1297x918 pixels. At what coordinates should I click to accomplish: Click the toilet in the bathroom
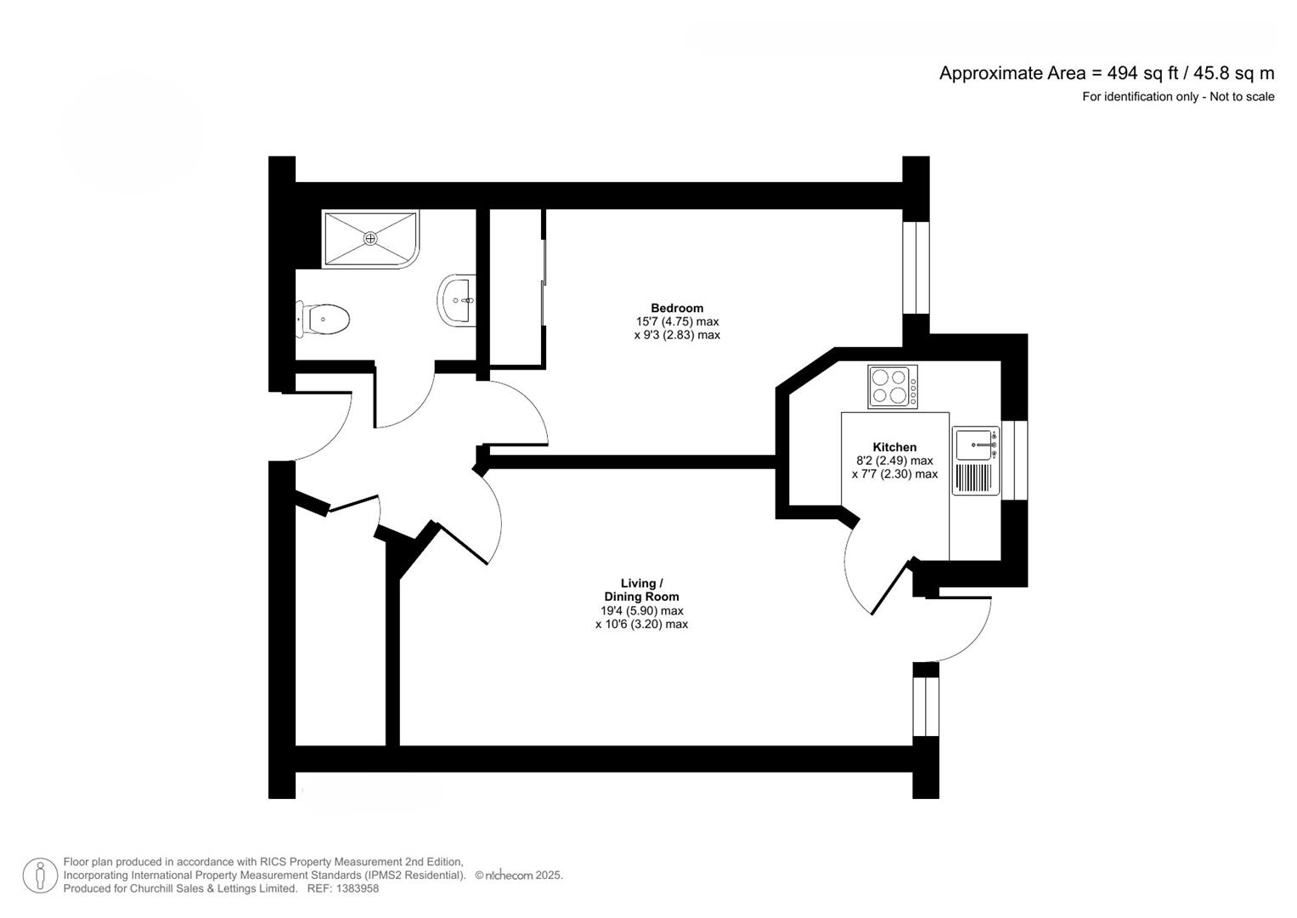[x=324, y=320]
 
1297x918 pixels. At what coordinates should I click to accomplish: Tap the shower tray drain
[x=370, y=239]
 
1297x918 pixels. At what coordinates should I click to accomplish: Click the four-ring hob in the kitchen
[x=893, y=387]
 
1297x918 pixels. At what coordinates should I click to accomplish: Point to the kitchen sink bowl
[x=974, y=444]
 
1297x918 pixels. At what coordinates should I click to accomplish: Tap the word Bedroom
[x=677, y=308]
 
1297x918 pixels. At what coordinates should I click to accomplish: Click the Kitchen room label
[x=894, y=447]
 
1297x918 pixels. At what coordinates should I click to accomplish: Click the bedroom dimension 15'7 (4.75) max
[x=677, y=321]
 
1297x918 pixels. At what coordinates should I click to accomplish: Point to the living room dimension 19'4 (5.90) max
[x=641, y=610]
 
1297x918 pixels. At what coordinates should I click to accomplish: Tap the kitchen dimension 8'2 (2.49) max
[x=894, y=461]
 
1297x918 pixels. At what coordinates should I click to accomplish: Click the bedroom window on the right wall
[x=916, y=268]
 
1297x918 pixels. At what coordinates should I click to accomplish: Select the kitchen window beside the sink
[x=1014, y=460]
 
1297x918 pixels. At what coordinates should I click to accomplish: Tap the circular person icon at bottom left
[x=40, y=875]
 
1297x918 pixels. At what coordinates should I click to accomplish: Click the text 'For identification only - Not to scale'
[x=1177, y=97]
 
